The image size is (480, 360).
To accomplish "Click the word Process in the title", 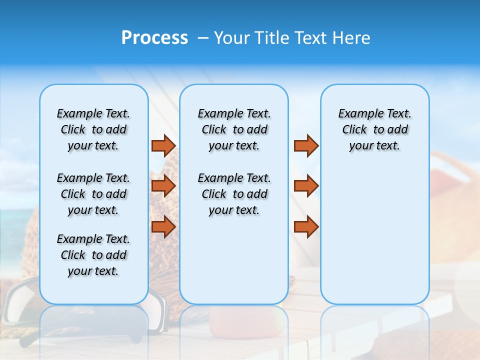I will (x=154, y=38).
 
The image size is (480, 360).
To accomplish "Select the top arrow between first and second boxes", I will (x=163, y=145).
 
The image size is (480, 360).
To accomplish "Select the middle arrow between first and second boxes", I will (x=163, y=186).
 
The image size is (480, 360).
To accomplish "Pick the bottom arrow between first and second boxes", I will (x=163, y=226).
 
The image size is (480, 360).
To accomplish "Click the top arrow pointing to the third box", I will (x=306, y=145).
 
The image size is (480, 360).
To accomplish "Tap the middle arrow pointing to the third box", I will (x=306, y=186).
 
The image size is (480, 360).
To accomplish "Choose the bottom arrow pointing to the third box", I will (x=306, y=226).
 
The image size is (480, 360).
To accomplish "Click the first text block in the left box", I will (x=93, y=129).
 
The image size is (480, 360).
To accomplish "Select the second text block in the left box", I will (x=93, y=194).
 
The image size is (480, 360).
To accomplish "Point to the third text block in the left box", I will (x=93, y=255).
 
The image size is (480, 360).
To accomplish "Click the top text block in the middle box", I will (x=234, y=129).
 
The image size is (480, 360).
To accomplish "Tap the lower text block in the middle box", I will (x=234, y=194).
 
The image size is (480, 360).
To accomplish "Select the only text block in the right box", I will (x=374, y=129).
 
